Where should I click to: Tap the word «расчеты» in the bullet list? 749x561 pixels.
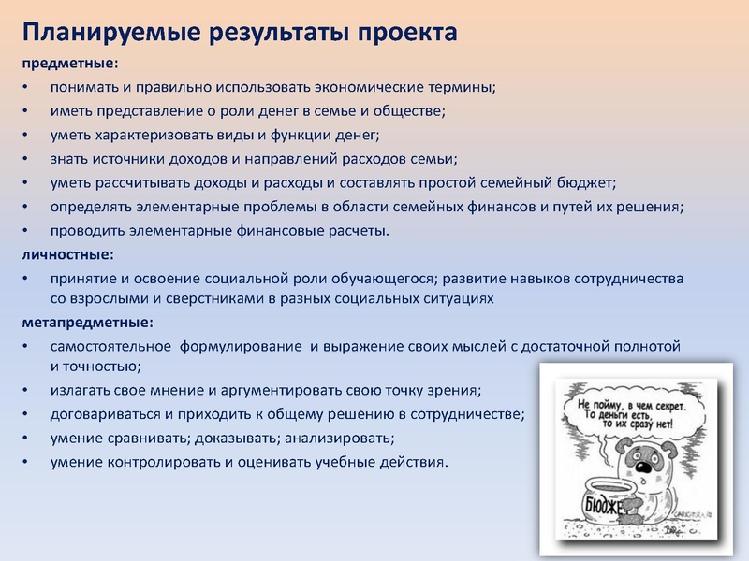[x=354, y=230]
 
